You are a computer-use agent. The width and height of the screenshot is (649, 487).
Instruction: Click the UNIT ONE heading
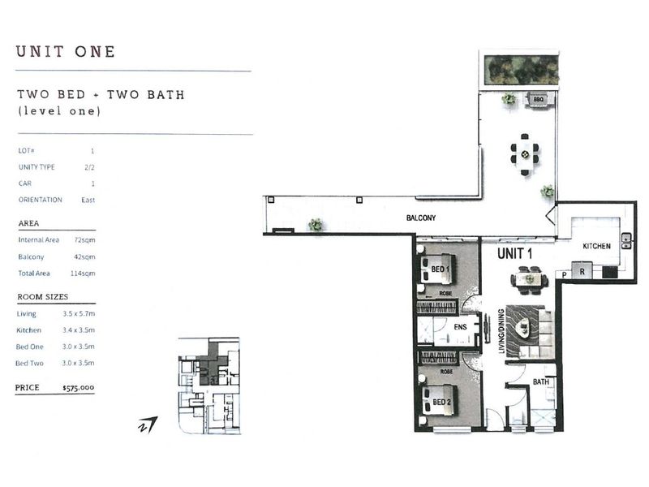[66, 52]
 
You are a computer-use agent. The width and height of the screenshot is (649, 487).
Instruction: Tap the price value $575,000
[78, 388]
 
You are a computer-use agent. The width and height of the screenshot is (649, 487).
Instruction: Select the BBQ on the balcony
[538, 100]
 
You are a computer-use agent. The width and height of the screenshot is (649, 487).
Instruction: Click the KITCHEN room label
[596, 246]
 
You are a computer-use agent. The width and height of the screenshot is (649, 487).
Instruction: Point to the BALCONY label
[421, 218]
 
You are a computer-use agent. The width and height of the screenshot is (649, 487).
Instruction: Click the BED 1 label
[440, 269]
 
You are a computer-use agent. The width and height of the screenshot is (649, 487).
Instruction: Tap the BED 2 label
[441, 402]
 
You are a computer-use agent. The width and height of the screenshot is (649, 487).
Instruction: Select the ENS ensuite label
[460, 327]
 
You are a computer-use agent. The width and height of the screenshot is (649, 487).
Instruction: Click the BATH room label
[540, 381]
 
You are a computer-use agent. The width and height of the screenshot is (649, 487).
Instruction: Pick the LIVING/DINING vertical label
[501, 331]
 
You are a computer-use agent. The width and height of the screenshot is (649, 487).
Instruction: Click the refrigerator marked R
[582, 270]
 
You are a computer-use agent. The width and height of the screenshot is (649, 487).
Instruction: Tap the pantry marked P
[564, 274]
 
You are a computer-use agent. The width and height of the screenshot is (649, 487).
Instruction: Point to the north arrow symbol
[148, 425]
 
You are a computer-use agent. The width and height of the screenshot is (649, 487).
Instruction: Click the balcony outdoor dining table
[525, 154]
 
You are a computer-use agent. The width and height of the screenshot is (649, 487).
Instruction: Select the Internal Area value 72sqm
[85, 240]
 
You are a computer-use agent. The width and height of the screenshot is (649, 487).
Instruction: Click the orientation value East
[88, 200]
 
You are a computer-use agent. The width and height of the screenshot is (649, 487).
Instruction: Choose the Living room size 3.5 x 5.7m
[79, 314]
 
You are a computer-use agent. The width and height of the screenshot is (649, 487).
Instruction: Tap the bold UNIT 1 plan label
[515, 253]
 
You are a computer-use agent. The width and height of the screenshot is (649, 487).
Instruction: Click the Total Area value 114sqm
[83, 274]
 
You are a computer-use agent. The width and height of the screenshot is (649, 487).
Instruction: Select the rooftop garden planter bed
[521, 69]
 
